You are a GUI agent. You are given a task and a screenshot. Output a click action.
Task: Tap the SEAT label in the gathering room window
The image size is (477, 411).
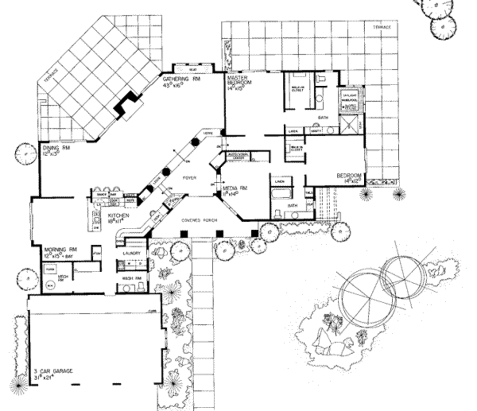pos(192,69)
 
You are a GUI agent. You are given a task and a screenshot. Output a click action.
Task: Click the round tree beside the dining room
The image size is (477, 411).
pos(26,154)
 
